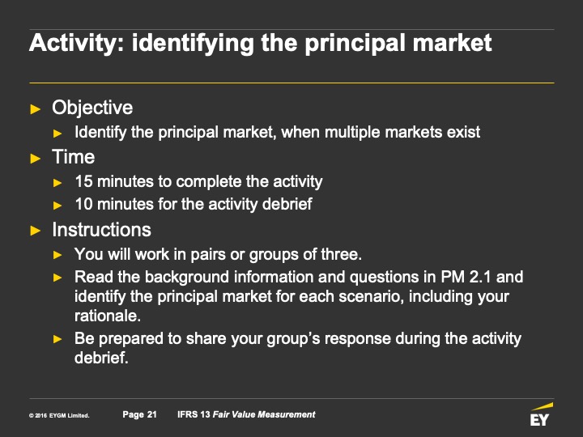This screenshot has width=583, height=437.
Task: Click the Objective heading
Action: click(x=92, y=108)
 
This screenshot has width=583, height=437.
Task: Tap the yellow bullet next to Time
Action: click(x=36, y=159)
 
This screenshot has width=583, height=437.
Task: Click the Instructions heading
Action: click(x=101, y=230)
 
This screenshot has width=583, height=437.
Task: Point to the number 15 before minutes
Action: click(x=83, y=182)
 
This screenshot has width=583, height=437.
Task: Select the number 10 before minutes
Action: click(x=83, y=204)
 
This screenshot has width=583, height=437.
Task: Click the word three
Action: click(x=342, y=255)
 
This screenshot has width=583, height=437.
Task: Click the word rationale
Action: click(x=108, y=316)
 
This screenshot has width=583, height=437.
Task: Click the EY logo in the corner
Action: click(x=541, y=414)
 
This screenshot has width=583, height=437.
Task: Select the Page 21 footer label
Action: click(x=140, y=414)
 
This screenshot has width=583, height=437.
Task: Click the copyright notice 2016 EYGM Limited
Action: click(x=59, y=415)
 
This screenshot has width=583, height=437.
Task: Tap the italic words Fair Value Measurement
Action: click(x=264, y=414)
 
